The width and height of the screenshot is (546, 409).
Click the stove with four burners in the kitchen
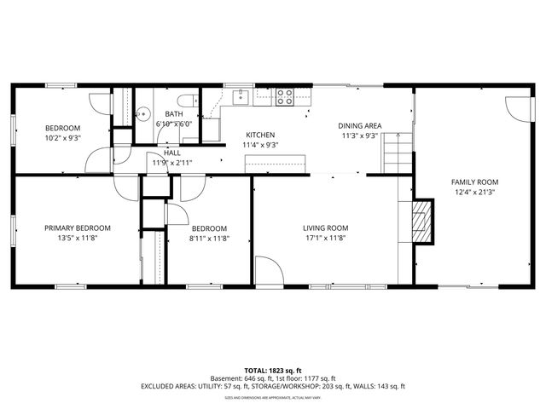(x=284, y=97)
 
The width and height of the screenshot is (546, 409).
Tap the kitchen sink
(x=242, y=95)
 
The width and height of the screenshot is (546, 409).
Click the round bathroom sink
(x=145, y=111)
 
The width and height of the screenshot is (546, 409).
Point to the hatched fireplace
(x=422, y=220)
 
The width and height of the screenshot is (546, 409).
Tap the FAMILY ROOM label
(x=475, y=182)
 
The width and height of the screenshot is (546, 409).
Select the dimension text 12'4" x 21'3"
(x=475, y=193)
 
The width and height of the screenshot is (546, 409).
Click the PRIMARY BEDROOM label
(x=78, y=228)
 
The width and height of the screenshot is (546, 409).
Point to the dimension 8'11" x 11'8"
(x=209, y=239)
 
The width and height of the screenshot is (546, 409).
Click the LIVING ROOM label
(x=326, y=228)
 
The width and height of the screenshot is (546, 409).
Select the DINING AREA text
(x=359, y=125)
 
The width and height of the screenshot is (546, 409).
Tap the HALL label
(x=171, y=153)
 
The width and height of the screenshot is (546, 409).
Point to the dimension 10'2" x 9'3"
(x=63, y=138)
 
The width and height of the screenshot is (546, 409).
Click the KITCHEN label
(x=260, y=135)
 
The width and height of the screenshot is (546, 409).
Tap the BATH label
(x=174, y=114)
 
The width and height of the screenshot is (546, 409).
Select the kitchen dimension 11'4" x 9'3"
(x=260, y=146)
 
